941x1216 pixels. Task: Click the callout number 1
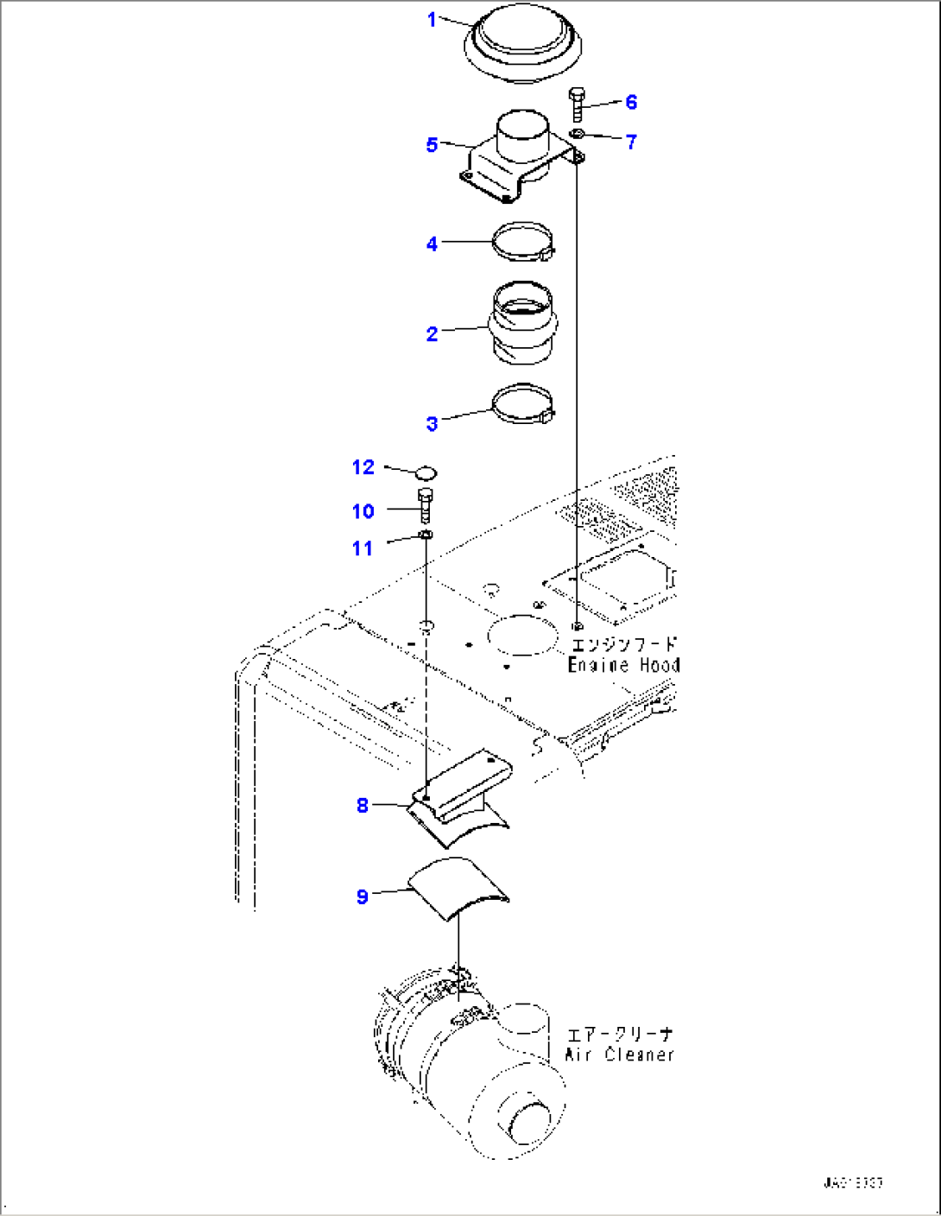[433, 19]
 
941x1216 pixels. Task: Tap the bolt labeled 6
[578, 104]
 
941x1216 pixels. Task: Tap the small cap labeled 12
[426, 472]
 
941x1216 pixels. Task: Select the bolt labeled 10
[426, 504]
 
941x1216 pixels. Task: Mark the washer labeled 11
[426, 535]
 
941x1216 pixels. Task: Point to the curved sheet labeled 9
[458, 890]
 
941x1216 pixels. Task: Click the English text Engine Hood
[623, 665]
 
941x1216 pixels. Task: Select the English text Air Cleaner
[619, 1054]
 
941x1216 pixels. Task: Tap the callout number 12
[363, 467]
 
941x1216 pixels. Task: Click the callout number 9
[363, 896]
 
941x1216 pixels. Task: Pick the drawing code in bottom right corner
[852, 1182]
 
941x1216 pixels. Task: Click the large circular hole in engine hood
[523, 635]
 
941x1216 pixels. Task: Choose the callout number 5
[432, 144]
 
